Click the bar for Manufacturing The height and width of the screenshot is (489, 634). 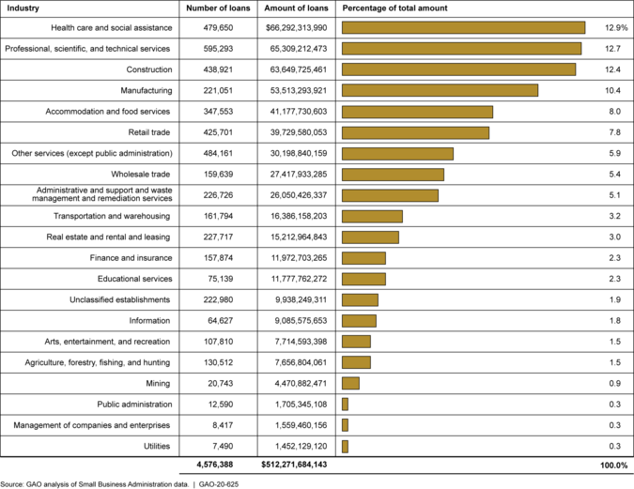(x=440, y=90)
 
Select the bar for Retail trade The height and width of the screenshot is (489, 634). (x=415, y=132)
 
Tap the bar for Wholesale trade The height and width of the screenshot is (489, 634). (x=393, y=175)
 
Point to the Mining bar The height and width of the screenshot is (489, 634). (x=350, y=383)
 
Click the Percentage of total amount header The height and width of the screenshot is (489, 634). (x=394, y=8)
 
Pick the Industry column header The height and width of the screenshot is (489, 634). (x=22, y=8)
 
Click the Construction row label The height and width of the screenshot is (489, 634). (x=148, y=69)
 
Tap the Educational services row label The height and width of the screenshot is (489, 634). (x=135, y=279)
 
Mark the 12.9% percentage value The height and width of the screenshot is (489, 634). (x=611, y=28)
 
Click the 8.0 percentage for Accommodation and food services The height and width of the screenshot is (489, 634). (x=613, y=112)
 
